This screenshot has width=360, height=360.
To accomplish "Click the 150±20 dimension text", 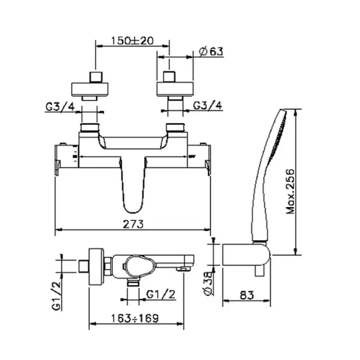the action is (x=132, y=41).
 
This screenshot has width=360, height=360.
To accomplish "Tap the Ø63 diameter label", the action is (x=211, y=51).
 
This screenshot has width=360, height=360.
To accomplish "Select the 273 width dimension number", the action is (x=133, y=224).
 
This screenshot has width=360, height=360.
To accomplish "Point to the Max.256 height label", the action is (x=290, y=191).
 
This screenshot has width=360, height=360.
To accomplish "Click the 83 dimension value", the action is (x=247, y=295).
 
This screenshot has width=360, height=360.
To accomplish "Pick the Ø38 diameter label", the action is (x=208, y=283).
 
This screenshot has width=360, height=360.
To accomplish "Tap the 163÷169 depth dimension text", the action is (x=135, y=318).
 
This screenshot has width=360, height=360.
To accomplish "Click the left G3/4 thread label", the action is (x=60, y=107).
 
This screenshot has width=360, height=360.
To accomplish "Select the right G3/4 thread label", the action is (x=208, y=105).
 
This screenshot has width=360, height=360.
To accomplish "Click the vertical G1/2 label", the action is (x=57, y=296).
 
